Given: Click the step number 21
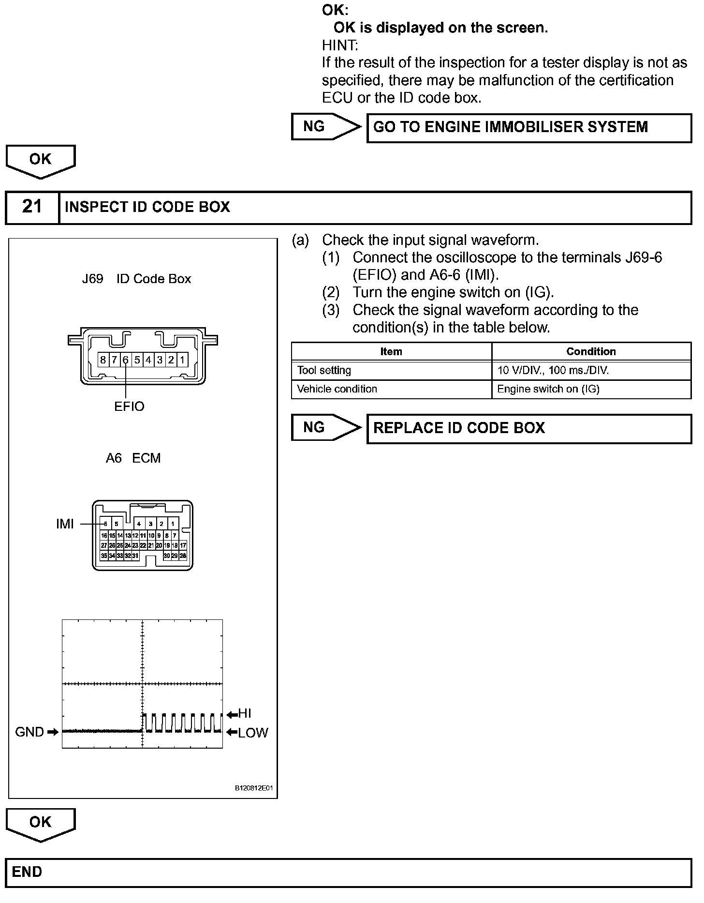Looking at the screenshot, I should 32,207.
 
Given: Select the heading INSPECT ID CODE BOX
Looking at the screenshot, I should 147,207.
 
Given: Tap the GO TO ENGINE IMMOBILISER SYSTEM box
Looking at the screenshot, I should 529,128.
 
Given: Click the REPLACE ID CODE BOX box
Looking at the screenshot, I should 529,428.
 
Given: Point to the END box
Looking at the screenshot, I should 348,873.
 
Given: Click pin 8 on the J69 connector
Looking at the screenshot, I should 103,360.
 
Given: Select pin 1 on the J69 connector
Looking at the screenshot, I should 182,360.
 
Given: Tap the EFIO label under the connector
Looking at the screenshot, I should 129,406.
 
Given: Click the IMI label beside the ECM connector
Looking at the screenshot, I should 65,524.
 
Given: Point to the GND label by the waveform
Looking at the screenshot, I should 29,732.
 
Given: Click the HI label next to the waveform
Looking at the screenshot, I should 245,714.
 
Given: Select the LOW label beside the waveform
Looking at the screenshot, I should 253,733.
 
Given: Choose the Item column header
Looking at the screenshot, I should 391,351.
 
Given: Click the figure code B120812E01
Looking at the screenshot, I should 254,788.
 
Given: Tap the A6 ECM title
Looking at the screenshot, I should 133,458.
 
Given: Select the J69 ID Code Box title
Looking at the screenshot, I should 136,279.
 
